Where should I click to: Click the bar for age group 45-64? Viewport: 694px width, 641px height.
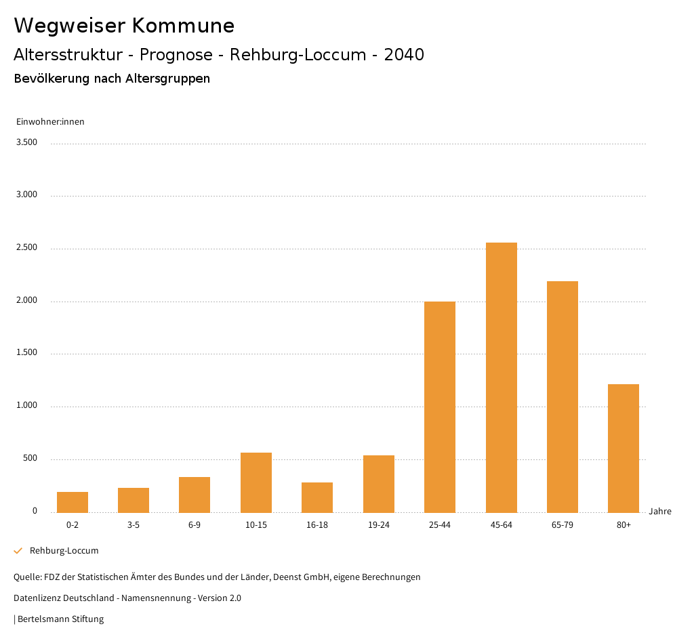point(501,377)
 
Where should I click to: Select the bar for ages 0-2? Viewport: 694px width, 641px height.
point(73,502)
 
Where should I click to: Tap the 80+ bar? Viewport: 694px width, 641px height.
point(624,448)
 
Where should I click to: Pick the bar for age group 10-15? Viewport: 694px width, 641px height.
point(256,482)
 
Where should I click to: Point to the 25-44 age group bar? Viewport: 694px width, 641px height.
point(440,407)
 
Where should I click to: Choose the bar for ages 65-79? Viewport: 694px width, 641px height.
point(563,396)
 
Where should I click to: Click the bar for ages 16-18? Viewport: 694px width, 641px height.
point(317,497)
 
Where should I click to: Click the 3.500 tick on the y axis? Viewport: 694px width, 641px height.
point(27,142)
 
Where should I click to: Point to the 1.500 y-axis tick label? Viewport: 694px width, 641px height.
point(27,353)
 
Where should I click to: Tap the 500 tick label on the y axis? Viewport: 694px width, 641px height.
point(30,459)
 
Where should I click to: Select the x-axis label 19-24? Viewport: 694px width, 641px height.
point(378,525)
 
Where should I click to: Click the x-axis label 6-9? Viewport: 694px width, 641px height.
point(195,525)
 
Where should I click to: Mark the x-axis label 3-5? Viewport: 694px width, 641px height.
point(134,525)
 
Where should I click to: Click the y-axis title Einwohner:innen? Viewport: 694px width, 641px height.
point(50,122)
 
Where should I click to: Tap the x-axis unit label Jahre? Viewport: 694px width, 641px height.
point(659,512)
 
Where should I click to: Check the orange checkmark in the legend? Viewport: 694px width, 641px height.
point(18,551)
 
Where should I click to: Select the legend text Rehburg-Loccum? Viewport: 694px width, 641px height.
point(64,551)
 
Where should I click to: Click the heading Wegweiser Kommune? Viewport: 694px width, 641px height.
point(124,26)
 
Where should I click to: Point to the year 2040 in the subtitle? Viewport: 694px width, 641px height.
point(404,55)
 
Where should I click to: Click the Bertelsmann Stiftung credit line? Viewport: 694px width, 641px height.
point(60,619)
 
